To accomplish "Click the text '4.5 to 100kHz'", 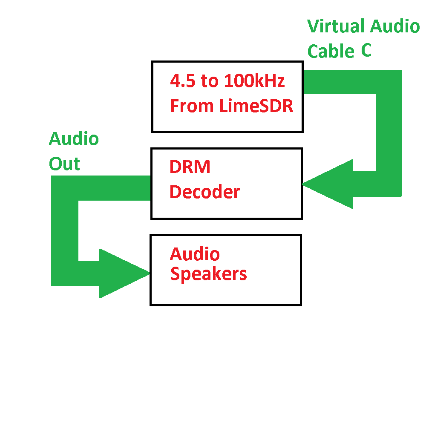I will (227, 81).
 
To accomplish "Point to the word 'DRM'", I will (190, 167).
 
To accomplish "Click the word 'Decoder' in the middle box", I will (204, 192).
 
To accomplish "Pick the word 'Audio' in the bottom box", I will (195, 254).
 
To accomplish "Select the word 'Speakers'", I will (208, 274).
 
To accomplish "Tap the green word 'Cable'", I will (331, 52).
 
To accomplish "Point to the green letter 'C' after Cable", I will (366, 51).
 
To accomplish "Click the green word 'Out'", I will (64, 164).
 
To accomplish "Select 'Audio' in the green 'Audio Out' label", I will (74, 139).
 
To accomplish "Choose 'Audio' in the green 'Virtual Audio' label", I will (394, 26).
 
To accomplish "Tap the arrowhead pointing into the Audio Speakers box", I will (124, 273).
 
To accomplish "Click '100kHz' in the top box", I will (253, 81).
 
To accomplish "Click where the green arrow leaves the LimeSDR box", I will (311, 82).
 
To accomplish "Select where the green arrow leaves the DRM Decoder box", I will (143, 188).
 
